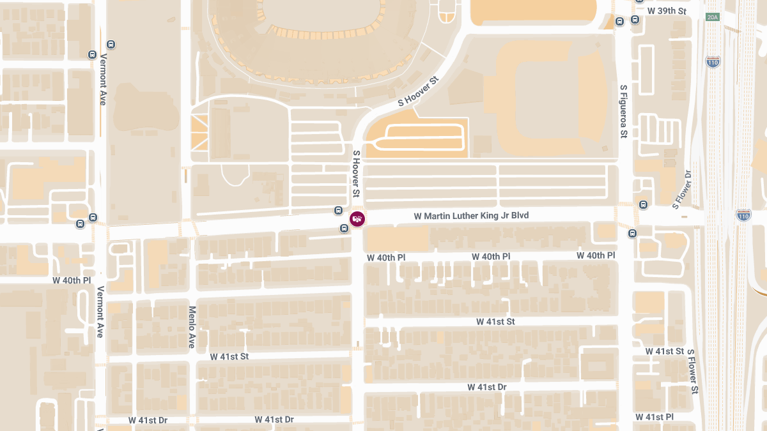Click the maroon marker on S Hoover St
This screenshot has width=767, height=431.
coord(357,219)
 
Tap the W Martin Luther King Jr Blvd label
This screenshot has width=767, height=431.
coord(471,216)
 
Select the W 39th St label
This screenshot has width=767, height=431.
coord(667,11)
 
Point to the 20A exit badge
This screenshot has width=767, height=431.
coord(713,17)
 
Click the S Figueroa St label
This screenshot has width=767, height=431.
coord(624,111)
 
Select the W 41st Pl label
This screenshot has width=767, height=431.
coord(654,417)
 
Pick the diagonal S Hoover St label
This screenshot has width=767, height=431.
coord(419,91)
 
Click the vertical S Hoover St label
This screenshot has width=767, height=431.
coord(357,174)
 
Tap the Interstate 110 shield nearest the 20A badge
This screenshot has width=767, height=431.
coord(713,62)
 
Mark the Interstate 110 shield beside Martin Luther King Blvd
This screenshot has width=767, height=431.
coord(743,215)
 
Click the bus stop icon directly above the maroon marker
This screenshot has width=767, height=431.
coord(338,211)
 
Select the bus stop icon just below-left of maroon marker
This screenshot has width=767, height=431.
coord(345,228)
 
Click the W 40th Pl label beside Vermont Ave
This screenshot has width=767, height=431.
coord(72,280)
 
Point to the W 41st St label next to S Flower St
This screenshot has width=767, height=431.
coord(665,351)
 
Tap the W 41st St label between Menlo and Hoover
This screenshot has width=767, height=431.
coord(229,356)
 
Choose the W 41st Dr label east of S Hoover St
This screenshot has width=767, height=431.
coord(486,387)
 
